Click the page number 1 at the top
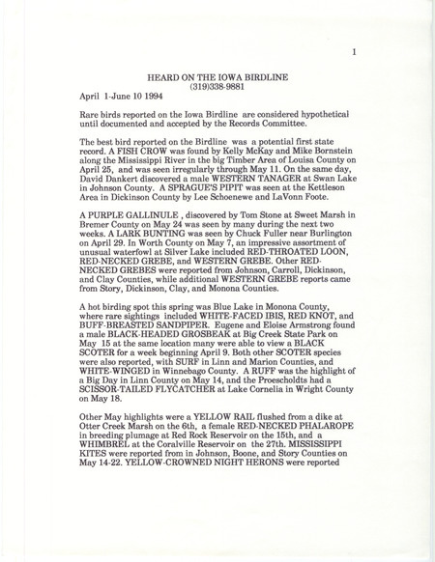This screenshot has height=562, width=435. [x=356, y=55]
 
